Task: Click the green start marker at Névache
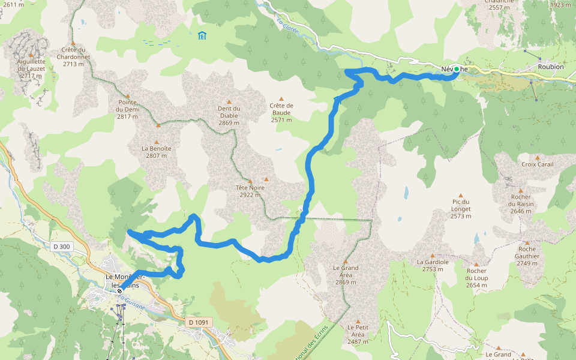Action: (x=457, y=70)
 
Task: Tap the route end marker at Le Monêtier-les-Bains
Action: (x=119, y=291)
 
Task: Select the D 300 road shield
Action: (x=61, y=246)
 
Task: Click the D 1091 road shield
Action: (x=198, y=322)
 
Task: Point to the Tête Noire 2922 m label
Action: (x=250, y=191)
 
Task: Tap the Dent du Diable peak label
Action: (x=229, y=116)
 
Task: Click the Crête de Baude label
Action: (x=281, y=112)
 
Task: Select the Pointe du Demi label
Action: (x=128, y=109)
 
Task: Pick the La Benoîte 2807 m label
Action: (x=157, y=152)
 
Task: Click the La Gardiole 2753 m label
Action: (x=433, y=265)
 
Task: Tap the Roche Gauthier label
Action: (x=527, y=252)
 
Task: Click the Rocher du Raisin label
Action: (x=521, y=204)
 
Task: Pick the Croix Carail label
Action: (x=538, y=164)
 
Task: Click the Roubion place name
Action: (x=551, y=67)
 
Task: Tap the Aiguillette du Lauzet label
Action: (x=31, y=68)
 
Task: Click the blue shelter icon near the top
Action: (x=202, y=35)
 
